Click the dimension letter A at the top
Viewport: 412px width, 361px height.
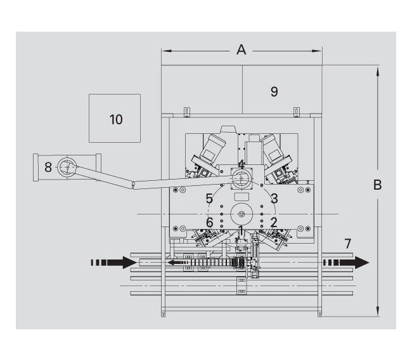tap(241, 49)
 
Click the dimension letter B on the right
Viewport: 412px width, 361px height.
tap(378, 185)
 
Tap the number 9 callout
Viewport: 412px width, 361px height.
tap(274, 92)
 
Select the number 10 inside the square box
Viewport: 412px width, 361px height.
tap(115, 119)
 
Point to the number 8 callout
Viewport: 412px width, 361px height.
tap(48, 167)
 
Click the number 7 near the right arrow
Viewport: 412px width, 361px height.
tap(347, 243)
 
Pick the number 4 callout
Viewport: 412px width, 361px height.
tap(241, 164)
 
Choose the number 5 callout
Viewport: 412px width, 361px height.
tap(209, 199)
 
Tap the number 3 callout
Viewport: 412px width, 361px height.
tap(274, 199)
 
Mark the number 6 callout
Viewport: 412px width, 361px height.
tap(209, 223)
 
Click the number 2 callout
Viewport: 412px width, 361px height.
tap(274, 222)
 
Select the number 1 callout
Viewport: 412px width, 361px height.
tap(241, 229)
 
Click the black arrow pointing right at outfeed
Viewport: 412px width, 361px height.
tap(346, 262)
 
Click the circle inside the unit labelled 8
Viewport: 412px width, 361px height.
tap(67, 168)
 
